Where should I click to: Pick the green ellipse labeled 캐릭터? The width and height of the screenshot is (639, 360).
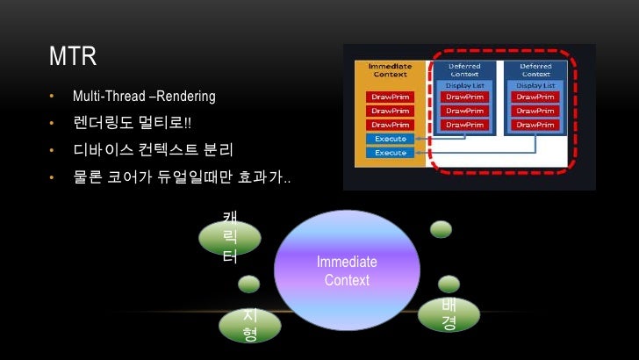(x=229, y=238)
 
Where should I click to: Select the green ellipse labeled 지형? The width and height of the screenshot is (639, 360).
(x=249, y=325)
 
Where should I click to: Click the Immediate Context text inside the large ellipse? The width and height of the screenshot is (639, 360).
(x=347, y=271)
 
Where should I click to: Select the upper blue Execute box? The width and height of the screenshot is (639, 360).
(x=390, y=139)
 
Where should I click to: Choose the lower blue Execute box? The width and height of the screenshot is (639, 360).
(x=390, y=153)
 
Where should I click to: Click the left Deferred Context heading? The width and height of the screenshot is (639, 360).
(x=464, y=69)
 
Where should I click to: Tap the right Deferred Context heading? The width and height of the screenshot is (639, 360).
(x=535, y=69)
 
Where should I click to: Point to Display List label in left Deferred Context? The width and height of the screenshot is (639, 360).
(x=464, y=85)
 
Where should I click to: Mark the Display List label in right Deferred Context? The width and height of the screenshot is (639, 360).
(x=535, y=85)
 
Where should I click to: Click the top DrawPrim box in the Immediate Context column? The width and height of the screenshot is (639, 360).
(x=390, y=97)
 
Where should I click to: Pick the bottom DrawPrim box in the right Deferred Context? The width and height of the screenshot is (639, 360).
(x=535, y=125)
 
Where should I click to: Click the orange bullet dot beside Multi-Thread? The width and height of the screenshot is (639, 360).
(x=52, y=95)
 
